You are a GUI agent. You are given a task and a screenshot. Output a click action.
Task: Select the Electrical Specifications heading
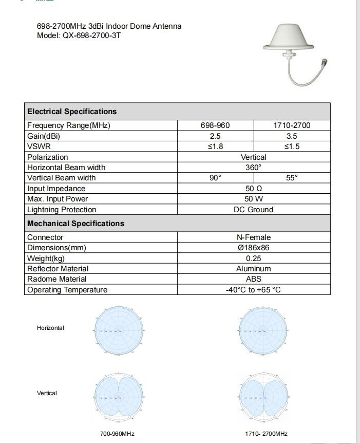coord(72,112)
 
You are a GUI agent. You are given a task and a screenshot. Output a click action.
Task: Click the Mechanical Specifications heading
coord(75,224)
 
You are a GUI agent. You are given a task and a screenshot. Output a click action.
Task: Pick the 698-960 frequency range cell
coord(215,125)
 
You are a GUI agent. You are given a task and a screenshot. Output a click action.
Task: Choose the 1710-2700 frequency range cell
coord(292,125)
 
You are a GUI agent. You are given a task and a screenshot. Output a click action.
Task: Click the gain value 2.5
coord(215,136)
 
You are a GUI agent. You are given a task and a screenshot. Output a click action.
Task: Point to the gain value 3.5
coord(292,136)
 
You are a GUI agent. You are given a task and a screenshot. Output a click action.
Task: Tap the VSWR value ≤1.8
coord(215,146)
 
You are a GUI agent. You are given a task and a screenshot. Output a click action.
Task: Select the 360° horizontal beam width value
coord(254,168)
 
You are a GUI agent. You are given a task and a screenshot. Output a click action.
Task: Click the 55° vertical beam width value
coord(292,178)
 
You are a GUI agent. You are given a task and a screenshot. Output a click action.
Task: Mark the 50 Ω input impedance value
coord(254,189)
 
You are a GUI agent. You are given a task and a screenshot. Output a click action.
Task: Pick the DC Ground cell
coord(254,210)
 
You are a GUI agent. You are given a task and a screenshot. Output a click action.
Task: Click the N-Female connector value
coord(254,237)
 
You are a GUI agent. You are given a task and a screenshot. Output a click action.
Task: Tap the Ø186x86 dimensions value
coord(254,248)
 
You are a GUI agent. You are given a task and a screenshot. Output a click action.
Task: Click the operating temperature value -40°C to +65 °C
coord(254,290)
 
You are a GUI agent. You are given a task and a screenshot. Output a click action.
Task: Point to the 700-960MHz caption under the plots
coord(117,434)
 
